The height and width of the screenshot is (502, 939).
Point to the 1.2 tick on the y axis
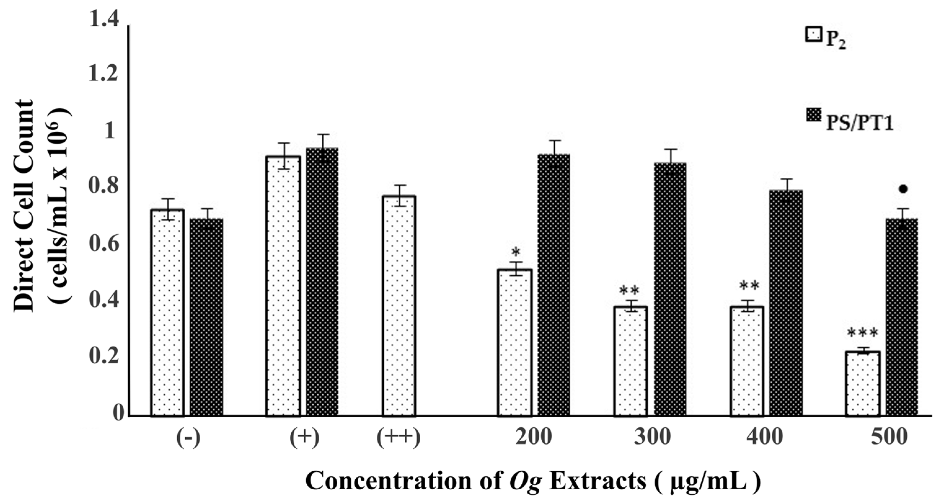(x=104, y=74)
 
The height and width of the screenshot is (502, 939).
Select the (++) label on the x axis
(x=399, y=437)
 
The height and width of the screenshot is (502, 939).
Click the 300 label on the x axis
(x=652, y=437)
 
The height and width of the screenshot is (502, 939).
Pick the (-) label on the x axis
(x=188, y=437)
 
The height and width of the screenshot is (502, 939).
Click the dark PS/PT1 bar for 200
(x=554, y=285)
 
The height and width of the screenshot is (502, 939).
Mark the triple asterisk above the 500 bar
(x=862, y=333)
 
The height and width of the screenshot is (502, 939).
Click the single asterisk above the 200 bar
(x=515, y=251)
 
